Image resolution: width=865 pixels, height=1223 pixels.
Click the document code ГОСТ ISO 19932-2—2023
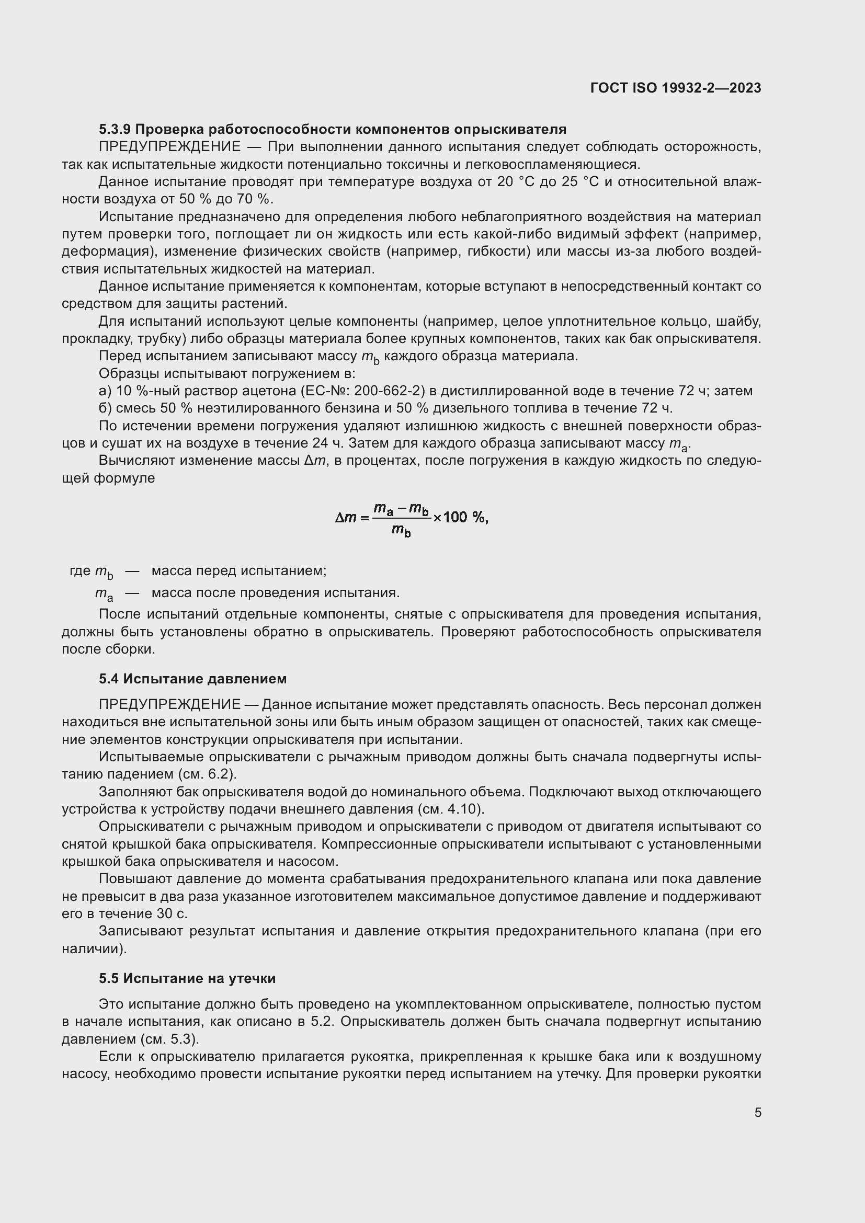675,88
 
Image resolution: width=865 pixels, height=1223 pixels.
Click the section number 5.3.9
115,130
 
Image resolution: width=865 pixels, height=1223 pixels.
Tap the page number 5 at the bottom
757,1113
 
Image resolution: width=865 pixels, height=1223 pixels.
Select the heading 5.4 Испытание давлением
192,679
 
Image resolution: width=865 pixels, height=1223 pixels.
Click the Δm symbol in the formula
346,517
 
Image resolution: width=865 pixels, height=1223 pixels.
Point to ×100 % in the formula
459,517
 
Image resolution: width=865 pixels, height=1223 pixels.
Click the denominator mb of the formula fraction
401,531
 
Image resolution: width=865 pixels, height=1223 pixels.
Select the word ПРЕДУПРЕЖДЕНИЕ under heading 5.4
169,705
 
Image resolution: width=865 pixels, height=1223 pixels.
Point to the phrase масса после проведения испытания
276,593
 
